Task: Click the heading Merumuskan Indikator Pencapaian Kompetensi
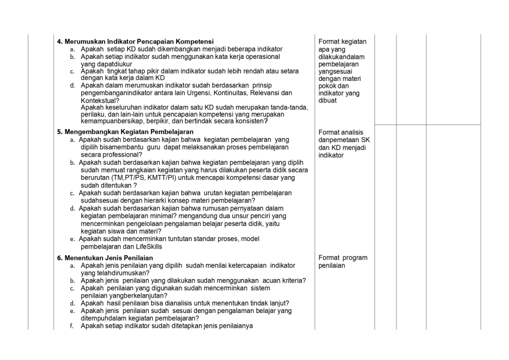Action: pyautogui.click(x=135, y=41)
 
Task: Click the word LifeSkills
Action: pyautogui.click(x=166, y=246)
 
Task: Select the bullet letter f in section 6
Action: pyautogui.click(x=72, y=325)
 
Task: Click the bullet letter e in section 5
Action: pyautogui.click(x=72, y=239)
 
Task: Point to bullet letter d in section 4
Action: pyautogui.click(x=72, y=85)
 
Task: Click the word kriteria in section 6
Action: pyautogui.click(x=293, y=280)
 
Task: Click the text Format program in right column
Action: pyautogui.click(x=343, y=258)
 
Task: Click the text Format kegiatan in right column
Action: pyautogui.click(x=343, y=41)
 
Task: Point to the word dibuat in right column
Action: pyautogui.click(x=328, y=100)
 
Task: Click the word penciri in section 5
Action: pyautogui.click(x=274, y=216)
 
